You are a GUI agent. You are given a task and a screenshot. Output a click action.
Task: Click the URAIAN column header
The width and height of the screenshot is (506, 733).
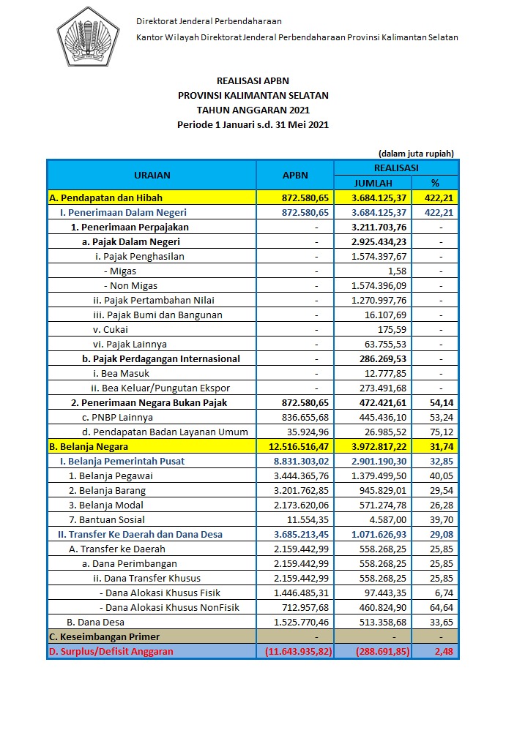(x=152, y=176)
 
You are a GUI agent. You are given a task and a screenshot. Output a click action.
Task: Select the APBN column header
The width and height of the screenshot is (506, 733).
(x=295, y=176)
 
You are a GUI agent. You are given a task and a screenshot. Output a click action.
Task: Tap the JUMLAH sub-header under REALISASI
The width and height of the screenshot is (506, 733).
(x=373, y=183)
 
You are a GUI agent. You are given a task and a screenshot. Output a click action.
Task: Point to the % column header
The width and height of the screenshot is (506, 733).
(x=435, y=183)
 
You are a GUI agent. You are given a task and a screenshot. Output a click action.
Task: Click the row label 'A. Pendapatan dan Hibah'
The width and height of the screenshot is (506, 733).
(x=105, y=198)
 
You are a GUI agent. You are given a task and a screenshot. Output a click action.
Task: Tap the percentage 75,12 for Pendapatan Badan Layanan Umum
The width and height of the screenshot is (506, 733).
(x=443, y=432)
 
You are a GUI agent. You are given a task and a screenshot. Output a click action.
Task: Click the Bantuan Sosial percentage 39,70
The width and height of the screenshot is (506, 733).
(x=443, y=519)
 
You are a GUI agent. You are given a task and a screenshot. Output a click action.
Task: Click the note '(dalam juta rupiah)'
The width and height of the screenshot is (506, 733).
(x=416, y=154)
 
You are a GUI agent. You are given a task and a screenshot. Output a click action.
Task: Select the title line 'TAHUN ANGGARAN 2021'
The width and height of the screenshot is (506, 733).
(x=253, y=110)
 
